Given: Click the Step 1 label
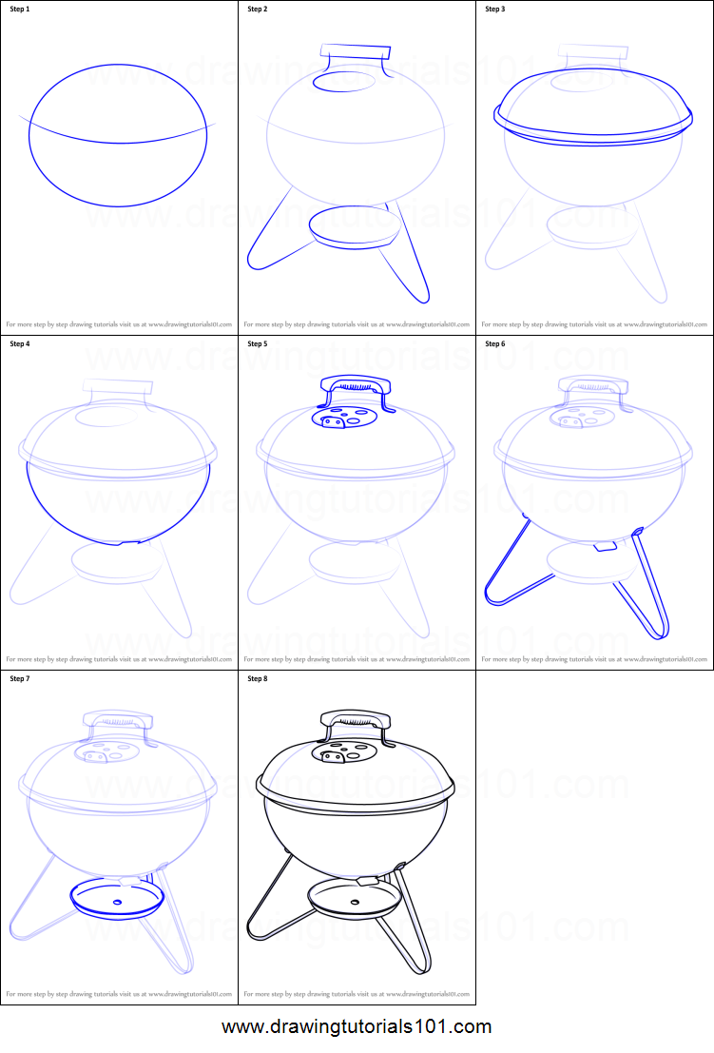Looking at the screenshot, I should click(20, 10).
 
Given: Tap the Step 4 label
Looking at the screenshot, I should click(20, 343).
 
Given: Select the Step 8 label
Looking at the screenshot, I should click(258, 678).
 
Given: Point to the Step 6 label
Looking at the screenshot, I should click(495, 343).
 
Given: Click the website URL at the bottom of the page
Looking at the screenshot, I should click(357, 1027).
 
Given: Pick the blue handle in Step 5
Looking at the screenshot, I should click(357, 385).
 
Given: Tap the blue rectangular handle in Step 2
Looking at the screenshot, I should click(355, 51).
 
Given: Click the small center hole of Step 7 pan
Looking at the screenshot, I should click(117, 902).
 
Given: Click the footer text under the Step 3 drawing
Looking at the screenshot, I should click(594, 323).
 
